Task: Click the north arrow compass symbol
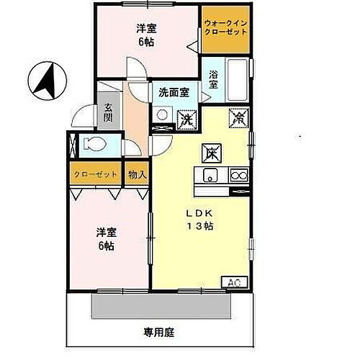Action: coord(48,79)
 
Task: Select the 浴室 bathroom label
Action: coord(214,80)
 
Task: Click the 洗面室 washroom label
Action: coord(174,92)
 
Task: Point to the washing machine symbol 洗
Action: coord(186,118)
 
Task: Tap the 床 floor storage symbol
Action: coord(212,152)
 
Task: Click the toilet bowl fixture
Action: coord(93,144)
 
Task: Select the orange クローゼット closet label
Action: coord(96,174)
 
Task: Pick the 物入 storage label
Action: coord(137,174)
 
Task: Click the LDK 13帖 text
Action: coord(202,220)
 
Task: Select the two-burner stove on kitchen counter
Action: coord(238,176)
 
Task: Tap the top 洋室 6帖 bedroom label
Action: coord(147,35)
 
